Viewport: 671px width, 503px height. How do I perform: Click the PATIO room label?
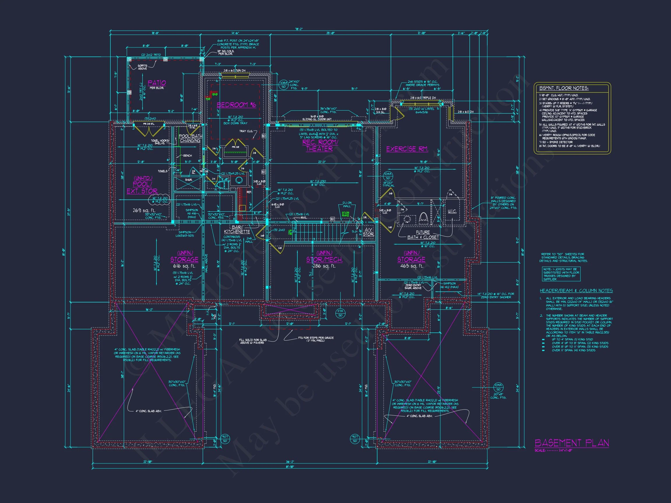tap(157, 83)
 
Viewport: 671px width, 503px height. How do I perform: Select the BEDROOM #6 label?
tap(236, 105)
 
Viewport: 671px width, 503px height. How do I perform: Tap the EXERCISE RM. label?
tap(407, 149)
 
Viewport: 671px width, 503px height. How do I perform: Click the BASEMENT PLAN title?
tap(571, 443)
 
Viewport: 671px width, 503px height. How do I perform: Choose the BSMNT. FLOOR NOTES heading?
tap(564, 88)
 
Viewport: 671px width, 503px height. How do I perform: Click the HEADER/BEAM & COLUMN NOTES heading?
tap(576, 291)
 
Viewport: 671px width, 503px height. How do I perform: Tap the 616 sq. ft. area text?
tap(184, 266)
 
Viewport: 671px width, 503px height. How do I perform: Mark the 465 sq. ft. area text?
tap(411, 266)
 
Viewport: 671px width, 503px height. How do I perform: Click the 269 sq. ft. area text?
tap(144, 210)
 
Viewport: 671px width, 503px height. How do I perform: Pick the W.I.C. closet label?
tap(452, 211)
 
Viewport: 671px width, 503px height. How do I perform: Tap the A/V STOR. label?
tap(368, 232)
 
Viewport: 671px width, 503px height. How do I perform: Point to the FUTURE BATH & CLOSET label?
tap(423, 235)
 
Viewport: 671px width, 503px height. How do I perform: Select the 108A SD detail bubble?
tap(283, 85)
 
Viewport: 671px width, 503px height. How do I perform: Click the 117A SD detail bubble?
tap(340, 313)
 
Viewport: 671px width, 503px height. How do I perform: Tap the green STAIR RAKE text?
tap(345, 214)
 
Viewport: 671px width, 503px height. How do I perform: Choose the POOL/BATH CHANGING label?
tap(190, 138)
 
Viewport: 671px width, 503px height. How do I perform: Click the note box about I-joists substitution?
tap(561, 274)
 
